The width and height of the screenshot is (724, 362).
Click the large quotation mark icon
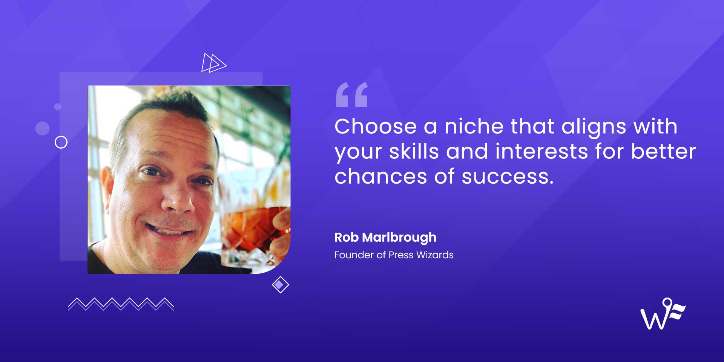pos(351,95)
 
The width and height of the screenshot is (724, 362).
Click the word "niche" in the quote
pos(474,126)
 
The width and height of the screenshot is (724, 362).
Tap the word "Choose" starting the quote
pos(375,126)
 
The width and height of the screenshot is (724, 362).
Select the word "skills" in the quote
pos(414,152)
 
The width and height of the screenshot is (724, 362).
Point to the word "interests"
pos(541,152)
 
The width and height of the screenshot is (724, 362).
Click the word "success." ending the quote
pos(507,176)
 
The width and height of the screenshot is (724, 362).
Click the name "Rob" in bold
pos(346,237)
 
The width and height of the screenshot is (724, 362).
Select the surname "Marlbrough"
pos(399,238)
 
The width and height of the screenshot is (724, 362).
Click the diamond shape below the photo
pos(280,285)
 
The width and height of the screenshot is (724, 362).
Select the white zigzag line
pos(121,304)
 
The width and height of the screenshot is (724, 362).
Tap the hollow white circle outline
pos(61,142)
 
